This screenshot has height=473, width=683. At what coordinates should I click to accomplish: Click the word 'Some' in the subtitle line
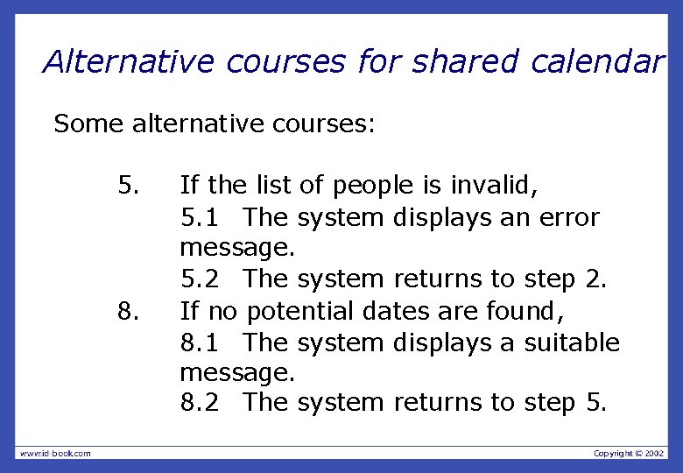(x=89, y=124)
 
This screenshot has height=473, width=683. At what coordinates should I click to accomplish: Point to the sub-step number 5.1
(x=201, y=216)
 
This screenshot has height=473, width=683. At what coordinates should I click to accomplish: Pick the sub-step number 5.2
(x=201, y=279)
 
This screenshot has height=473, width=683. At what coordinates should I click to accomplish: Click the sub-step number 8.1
(x=201, y=342)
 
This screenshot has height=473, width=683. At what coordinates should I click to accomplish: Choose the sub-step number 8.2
(x=201, y=403)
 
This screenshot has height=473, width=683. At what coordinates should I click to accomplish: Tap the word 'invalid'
(x=494, y=186)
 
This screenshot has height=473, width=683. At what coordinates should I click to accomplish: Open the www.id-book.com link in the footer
(x=55, y=453)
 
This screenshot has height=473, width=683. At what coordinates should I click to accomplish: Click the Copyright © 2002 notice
(x=629, y=453)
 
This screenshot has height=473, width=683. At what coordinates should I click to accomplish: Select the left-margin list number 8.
(x=128, y=311)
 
